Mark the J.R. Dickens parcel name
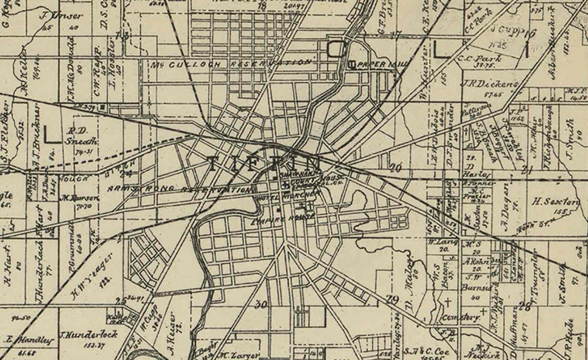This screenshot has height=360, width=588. [488, 84]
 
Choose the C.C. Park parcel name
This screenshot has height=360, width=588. [480, 58]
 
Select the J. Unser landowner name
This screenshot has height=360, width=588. [61, 16]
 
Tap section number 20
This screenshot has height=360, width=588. [395, 169]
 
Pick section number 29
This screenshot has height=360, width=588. [392, 300]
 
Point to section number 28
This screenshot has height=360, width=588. [524, 306]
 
